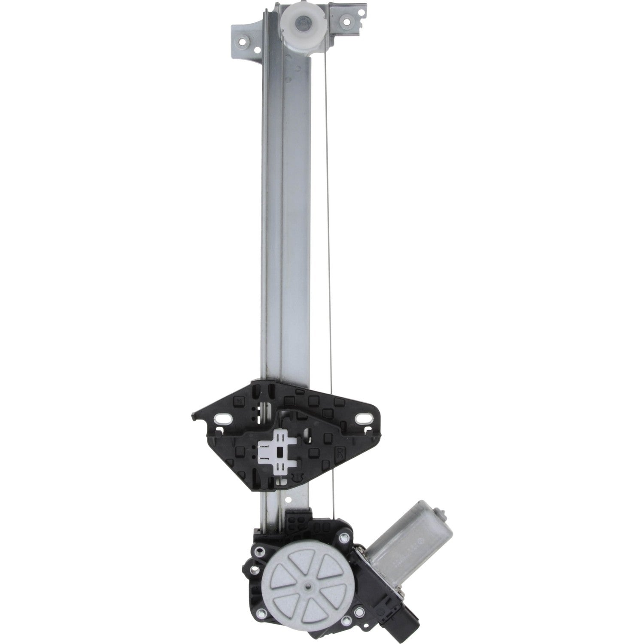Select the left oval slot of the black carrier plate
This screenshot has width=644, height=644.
coord(224,417)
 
